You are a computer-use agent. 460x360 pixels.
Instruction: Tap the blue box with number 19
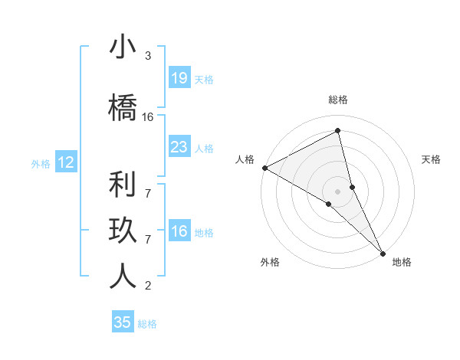click(179, 78)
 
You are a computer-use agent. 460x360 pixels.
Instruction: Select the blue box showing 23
click(179, 147)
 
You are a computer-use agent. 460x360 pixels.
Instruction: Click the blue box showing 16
click(179, 231)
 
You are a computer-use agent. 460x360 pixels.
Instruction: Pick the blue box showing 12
click(65, 162)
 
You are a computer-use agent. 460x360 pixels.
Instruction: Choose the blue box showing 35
click(123, 322)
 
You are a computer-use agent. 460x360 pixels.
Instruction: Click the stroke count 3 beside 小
click(148, 56)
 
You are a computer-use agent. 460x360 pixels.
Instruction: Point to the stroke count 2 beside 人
click(148, 286)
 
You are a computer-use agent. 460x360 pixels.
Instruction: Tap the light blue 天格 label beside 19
click(204, 79)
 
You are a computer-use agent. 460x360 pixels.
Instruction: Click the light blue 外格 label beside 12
click(41, 163)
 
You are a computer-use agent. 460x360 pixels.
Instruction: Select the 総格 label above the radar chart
click(338, 100)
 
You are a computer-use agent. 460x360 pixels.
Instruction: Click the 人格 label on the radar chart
click(245, 159)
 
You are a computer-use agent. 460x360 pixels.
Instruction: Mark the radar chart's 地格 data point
click(383, 252)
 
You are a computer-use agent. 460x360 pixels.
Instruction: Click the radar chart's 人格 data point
click(264, 168)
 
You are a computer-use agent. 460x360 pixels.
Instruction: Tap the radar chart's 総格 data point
click(338, 131)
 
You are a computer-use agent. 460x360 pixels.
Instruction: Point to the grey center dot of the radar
click(338, 191)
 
